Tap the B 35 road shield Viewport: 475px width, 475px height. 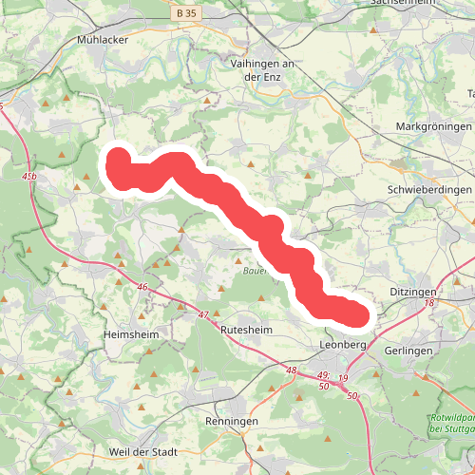(186, 15)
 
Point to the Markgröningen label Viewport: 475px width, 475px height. (433, 126)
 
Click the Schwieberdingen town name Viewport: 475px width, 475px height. (430, 190)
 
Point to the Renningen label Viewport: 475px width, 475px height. (232, 420)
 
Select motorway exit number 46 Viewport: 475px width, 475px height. (142, 287)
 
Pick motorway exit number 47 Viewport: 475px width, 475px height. (202, 314)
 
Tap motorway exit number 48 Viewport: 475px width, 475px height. (291, 370)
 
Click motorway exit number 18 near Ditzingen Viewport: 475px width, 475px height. (429, 302)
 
